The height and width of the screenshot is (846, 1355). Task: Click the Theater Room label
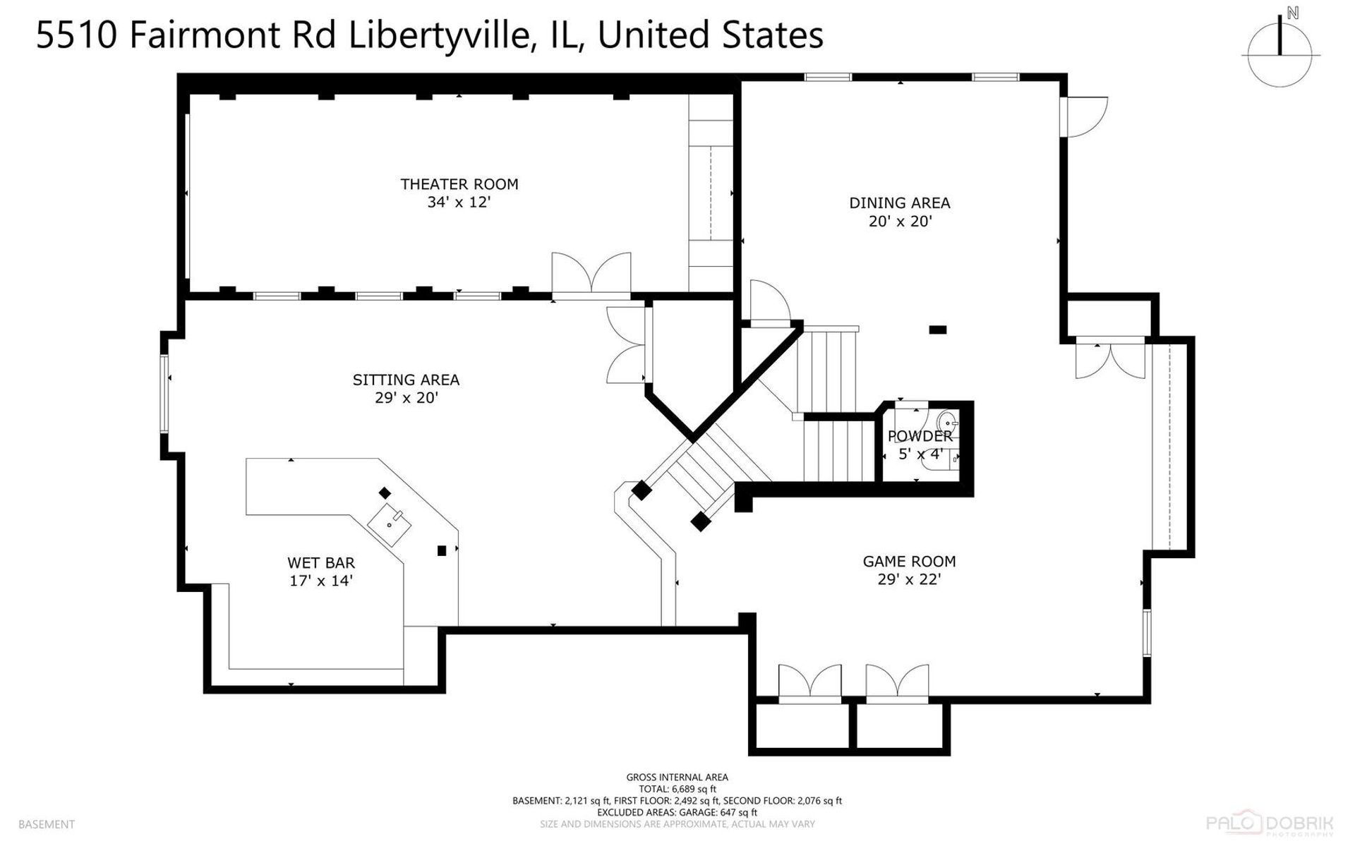pyautogui.click(x=459, y=184)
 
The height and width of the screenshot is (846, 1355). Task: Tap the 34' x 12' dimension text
pyautogui.click(x=459, y=203)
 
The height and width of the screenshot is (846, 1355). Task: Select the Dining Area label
pyautogui.click(x=900, y=203)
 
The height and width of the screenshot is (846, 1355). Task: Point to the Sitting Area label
pyautogui.click(x=406, y=380)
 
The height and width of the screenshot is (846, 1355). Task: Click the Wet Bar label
pyautogui.click(x=321, y=563)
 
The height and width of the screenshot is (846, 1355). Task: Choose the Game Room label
pyautogui.click(x=909, y=562)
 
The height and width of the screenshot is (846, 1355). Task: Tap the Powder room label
pyautogui.click(x=920, y=436)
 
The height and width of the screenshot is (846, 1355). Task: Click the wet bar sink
pyautogui.click(x=390, y=524)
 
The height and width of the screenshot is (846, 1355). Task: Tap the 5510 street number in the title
pyautogui.click(x=76, y=35)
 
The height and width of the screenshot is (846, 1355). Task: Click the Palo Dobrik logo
pyautogui.click(x=1270, y=823)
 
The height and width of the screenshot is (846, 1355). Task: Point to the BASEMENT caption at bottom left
pyautogui.click(x=47, y=824)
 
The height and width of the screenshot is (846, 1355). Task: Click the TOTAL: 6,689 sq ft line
pyautogui.click(x=677, y=789)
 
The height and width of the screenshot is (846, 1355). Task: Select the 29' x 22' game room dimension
pyautogui.click(x=909, y=580)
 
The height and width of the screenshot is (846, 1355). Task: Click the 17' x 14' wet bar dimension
pyautogui.click(x=321, y=581)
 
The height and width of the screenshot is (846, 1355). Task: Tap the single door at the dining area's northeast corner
pyautogui.click(x=1085, y=116)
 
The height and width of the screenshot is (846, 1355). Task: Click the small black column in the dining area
pyautogui.click(x=938, y=330)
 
